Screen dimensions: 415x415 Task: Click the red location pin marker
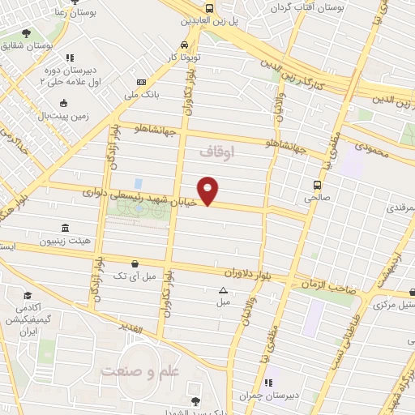[209, 190]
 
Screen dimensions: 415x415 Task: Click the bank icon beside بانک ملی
[142, 83]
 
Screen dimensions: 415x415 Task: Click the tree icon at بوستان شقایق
[28, 33]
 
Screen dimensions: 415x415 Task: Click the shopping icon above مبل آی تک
[135, 263]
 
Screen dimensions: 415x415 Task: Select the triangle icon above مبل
[223, 289]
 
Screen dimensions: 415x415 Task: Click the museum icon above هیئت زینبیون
[65, 229]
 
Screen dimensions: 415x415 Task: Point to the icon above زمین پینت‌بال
[65, 103]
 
